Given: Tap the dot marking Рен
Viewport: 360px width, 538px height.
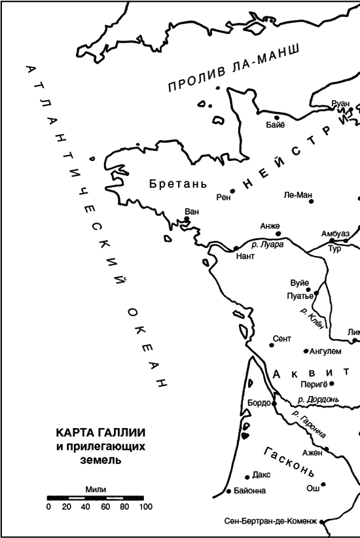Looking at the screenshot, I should [232, 191].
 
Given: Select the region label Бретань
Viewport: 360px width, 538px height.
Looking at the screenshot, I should [178, 183].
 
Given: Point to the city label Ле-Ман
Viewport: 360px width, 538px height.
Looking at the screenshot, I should [297, 194].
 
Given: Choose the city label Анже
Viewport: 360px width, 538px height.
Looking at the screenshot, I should [270, 226].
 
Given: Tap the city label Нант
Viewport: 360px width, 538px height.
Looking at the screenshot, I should [245, 257].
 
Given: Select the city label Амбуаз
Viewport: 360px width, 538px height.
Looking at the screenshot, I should [335, 234].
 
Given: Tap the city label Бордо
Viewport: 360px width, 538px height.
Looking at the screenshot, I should [259, 403].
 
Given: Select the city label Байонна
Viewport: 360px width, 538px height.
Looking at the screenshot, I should [249, 490].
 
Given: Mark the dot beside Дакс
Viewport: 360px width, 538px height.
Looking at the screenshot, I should [246, 477].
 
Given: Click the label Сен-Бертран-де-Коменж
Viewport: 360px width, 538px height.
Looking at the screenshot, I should [270, 522].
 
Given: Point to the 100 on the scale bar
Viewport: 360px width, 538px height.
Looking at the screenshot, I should [145, 507].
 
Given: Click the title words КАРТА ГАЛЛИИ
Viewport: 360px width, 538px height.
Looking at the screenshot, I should [100, 435].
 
